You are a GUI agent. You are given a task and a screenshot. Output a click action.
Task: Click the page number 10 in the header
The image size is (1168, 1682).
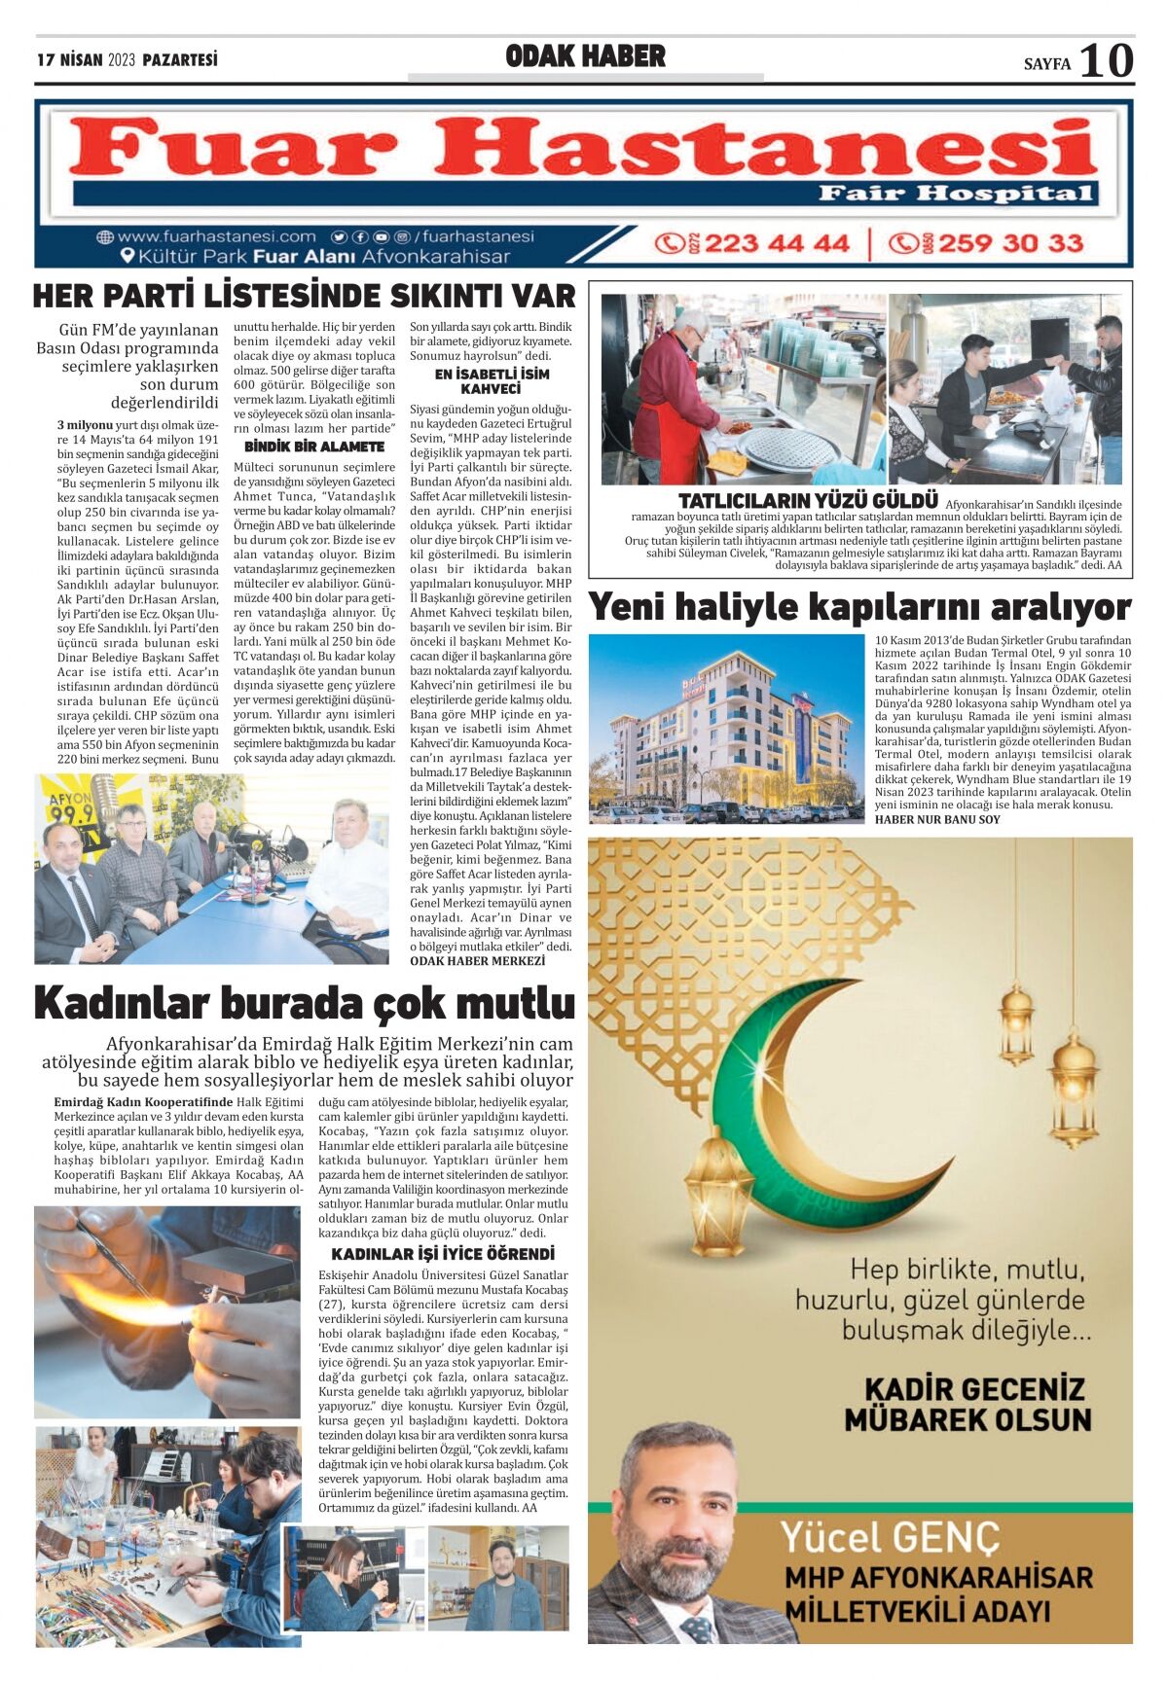(x=1107, y=60)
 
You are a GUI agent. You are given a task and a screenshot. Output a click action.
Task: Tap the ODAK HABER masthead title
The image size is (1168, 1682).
(x=585, y=56)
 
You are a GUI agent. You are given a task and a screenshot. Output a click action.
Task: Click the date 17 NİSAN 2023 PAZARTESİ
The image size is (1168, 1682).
(x=127, y=60)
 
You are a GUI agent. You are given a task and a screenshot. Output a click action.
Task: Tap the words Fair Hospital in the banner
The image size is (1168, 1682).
(x=956, y=193)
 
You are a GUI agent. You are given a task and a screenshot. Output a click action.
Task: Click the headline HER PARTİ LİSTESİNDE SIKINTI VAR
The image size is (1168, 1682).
(x=305, y=296)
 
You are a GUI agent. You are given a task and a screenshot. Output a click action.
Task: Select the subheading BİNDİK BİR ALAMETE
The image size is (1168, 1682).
(x=313, y=447)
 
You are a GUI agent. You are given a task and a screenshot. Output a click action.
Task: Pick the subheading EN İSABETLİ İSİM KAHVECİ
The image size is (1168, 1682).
(x=491, y=381)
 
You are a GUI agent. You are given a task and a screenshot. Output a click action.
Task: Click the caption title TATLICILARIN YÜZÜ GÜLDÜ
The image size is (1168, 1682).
(x=808, y=501)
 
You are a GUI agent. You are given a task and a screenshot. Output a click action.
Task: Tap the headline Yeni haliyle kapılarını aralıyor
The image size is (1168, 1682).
(x=859, y=607)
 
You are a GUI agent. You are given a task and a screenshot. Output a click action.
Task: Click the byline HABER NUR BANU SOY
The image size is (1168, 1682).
(x=937, y=819)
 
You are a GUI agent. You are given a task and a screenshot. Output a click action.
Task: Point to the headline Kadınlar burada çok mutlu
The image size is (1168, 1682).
(x=305, y=1003)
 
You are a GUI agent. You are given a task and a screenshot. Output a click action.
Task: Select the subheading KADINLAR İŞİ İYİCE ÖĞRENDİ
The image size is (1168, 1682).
(x=443, y=1254)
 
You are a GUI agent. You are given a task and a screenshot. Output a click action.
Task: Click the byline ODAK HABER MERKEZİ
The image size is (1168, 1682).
(x=478, y=960)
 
